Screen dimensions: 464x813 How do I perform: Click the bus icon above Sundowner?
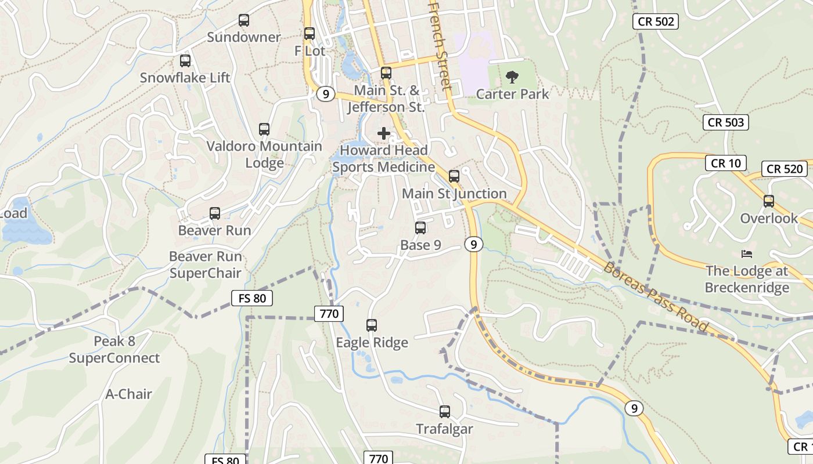(x=244, y=20)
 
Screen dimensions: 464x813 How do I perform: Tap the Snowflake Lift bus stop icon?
(x=185, y=60)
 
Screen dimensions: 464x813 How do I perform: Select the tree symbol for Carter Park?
(x=512, y=77)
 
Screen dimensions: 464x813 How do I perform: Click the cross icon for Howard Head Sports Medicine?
(x=384, y=133)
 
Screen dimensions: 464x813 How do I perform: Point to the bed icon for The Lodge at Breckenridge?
(x=747, y=254)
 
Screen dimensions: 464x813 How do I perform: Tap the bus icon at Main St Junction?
(x=454, y=176)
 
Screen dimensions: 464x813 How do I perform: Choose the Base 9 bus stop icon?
(x=420, y=228)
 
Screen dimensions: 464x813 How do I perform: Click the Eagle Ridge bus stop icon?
(x=372, y=325)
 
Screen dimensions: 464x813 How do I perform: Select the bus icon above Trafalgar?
(x=445, y=412)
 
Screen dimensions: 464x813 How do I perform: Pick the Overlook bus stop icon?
(x=769, y=201)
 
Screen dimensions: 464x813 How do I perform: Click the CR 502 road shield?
(x=656, y=21)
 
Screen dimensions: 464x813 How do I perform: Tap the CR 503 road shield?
(x=726, y=122)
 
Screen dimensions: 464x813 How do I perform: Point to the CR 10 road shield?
(x=725, y=163)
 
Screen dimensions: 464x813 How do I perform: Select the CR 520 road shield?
(x=785, y=169)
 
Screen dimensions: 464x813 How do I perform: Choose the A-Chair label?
(x=128, y=394)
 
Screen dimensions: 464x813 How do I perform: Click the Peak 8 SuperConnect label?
(x=114, y=350)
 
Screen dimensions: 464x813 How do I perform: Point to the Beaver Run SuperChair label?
(x=205, y=264)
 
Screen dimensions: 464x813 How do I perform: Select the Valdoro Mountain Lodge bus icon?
(x=264, y=129)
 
